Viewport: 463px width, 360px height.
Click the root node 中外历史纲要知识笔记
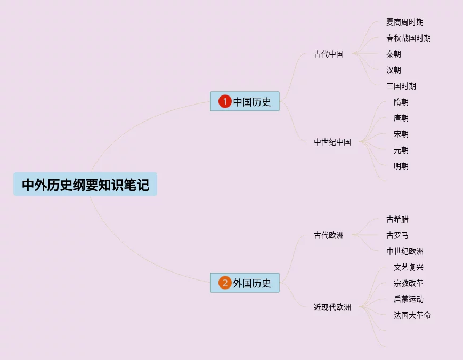coord(85,185)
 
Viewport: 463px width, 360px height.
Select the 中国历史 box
coord(245,101)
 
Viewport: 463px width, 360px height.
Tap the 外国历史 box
coord(245,283)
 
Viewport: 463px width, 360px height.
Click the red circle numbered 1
coord(225,101)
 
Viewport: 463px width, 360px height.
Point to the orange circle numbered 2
coord(225,283)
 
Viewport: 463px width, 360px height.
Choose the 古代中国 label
coord(329,54)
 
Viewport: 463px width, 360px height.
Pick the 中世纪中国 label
coord(332,142)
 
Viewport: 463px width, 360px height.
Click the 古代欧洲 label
coord(329,235)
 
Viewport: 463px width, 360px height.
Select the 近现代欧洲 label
coord(332,307)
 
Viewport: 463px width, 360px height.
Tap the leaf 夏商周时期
coord(405,22)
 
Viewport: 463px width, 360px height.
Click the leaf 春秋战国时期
coord(409,38)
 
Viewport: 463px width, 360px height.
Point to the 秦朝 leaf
coord(394,54)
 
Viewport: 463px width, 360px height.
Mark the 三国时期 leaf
coord(401,86)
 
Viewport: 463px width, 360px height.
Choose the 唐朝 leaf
coord(401,118)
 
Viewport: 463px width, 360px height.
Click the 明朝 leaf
coord(401,166)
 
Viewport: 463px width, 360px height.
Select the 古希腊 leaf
coord(397,219)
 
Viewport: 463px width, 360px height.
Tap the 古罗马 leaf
coord(397,235)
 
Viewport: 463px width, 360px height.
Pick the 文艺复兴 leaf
coord(409,267)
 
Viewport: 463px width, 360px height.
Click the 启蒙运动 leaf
coord(409,299)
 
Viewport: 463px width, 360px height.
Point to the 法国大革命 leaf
coord(412,315)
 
